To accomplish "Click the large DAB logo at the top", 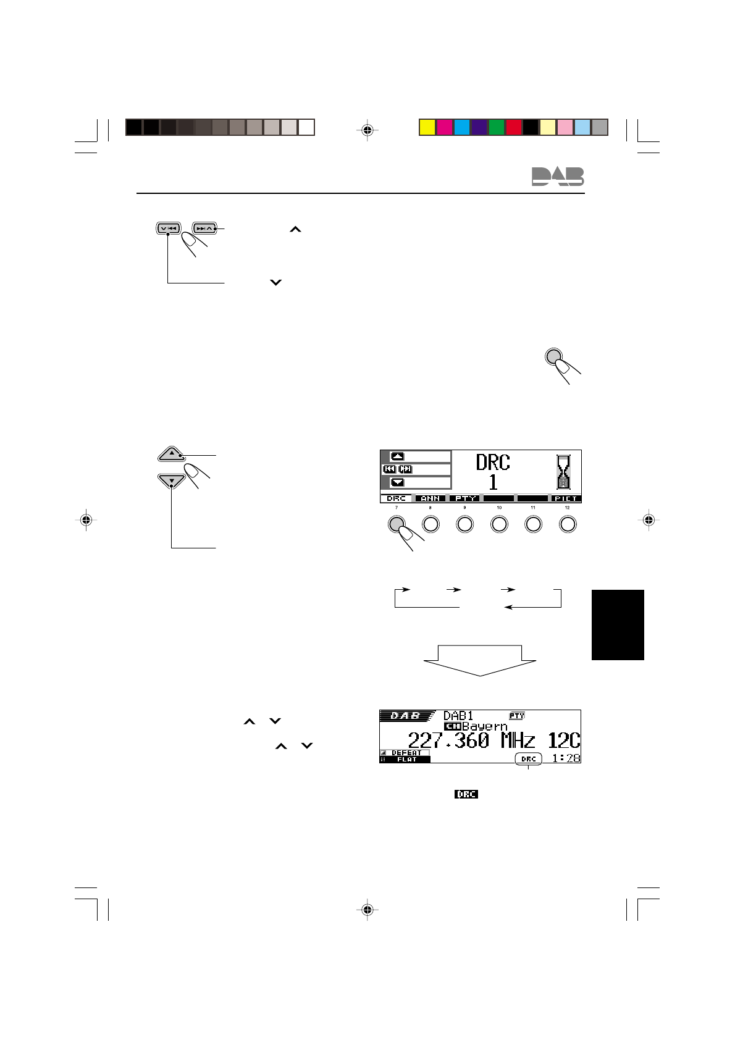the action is pyautogui.click(x=557, y=177).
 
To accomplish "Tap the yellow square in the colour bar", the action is pyautogui.click(x=427, y=127).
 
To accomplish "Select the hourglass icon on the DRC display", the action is pyautogui.click(x=563, y=472).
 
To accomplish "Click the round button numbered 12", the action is pyautogui.click(x=567, y=524).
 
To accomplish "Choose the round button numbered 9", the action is pyautogui.click(x=464, y=524).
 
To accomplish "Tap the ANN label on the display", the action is pyautogui.click(x=430, y=498).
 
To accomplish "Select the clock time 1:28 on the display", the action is pyautogui.click(x=566, y=758).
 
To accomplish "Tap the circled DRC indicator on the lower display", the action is pyautogui.click(x=528, y=758).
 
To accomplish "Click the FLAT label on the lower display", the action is pyautogui.click(x=406, y=760).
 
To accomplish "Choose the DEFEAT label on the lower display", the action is pyautogui.click(x=406, y=753).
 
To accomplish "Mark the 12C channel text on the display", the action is pyautogui.click(x=563, y=740).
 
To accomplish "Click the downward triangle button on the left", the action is pyautogui.click(x=172, y=480).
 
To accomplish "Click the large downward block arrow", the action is pyautogui.click(x=481, y=661).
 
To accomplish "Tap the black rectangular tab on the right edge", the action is pyautogui.click(x=618, y=624).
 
